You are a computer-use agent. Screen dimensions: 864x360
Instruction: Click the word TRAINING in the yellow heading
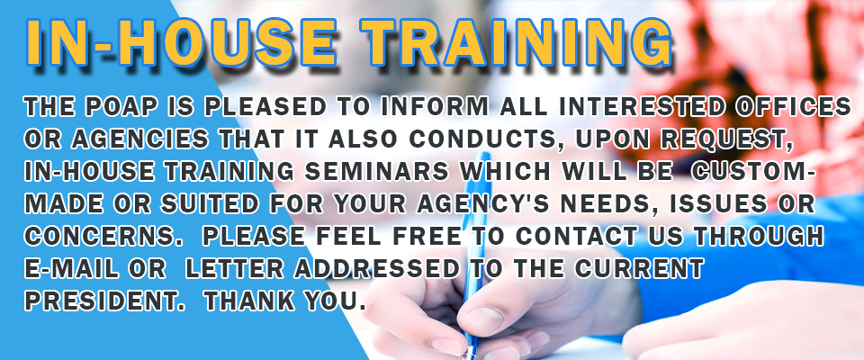pyautogui.click(x=519, y=42)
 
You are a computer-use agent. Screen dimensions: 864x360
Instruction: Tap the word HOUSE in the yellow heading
pyautogui.click(x=233, y=42)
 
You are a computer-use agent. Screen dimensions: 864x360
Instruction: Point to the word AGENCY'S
pyautogui.click(x=480, y=203)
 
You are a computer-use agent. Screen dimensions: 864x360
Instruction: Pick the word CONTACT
pyautogui.click(x=576, y=236)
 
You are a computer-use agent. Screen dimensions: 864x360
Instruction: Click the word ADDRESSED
pyautogui.click(x=377, y=268)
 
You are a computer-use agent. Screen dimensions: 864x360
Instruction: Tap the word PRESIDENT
pyautogui.click(x=103, y=301)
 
